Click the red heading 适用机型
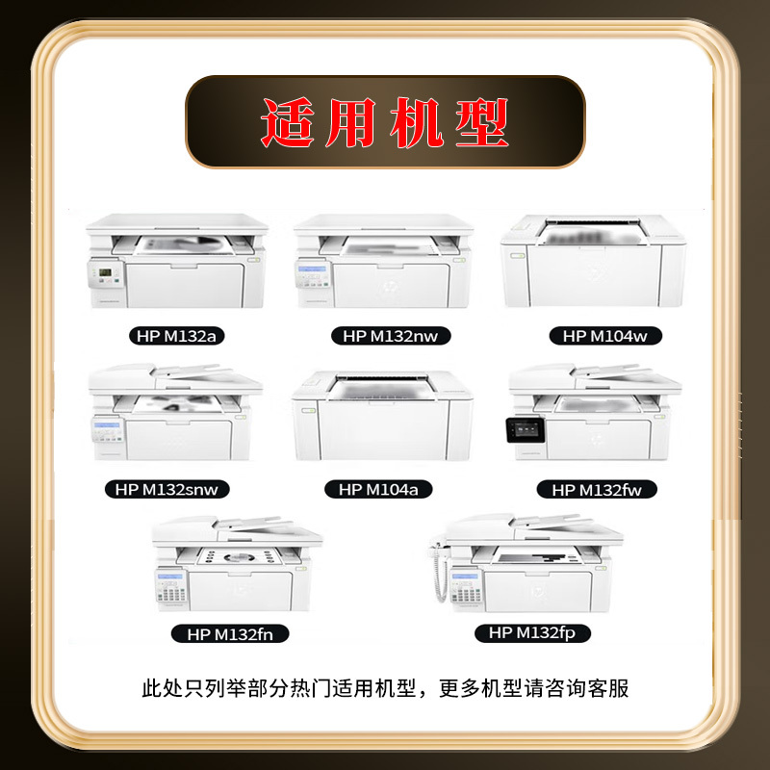(x=385, y=123)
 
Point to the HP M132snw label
(x=167, y=490)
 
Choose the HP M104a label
(x=378, y=490)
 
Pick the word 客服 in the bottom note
(x=606, y=688)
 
